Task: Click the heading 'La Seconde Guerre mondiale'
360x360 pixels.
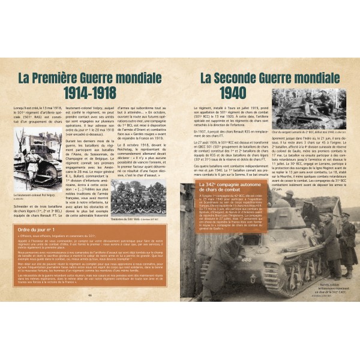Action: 269,78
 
